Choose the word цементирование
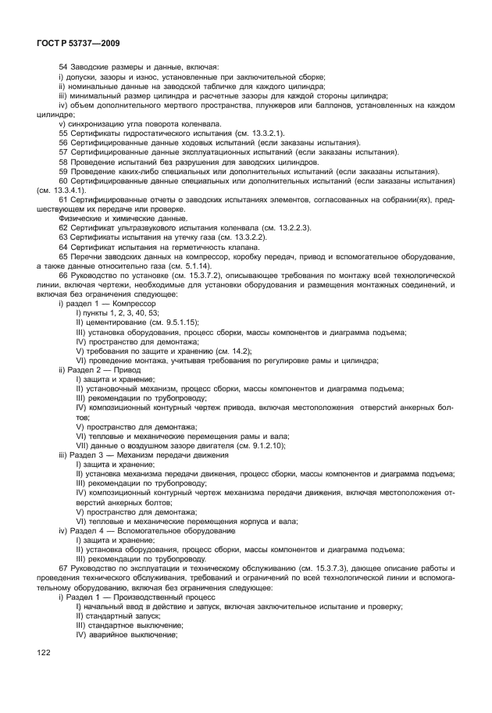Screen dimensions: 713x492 [x=117, y=322]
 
